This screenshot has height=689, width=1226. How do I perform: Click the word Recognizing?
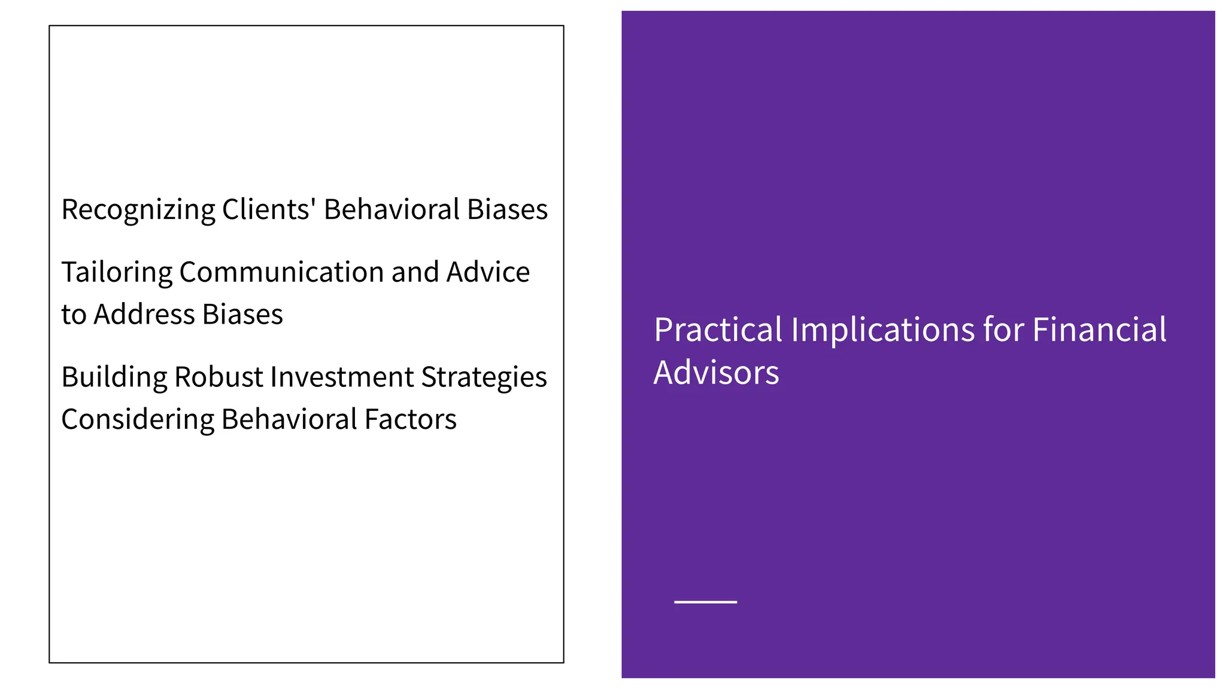[138, 211]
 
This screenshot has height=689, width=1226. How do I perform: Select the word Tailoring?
[117, 273]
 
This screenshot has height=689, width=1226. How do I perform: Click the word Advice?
[488, 272]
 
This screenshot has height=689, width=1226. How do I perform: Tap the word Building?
[114, 377]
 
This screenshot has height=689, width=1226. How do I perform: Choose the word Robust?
[219, 377]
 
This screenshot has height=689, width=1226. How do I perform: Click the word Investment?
[342, 377]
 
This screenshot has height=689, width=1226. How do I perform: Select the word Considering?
[138, 420]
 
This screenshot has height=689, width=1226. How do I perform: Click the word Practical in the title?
[718, 330]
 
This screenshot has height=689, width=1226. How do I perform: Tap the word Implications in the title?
[882, 331]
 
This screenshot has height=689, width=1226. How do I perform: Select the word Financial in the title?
[1099, 330]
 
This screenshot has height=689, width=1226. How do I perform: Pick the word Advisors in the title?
[716, 373]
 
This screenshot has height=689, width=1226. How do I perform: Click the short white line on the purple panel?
[705, 602]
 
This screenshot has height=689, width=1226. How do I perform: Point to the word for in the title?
[1003, 330]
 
